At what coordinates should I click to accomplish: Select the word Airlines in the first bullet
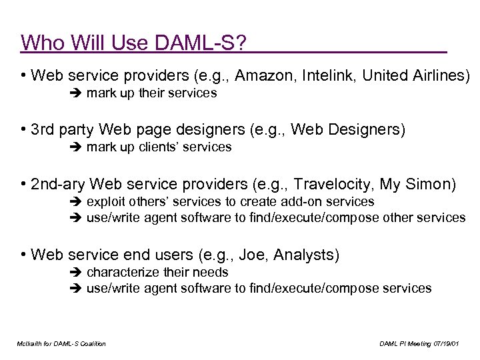[438, 75]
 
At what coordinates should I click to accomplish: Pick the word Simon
[433, 183]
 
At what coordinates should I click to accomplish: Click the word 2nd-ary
[57, 183]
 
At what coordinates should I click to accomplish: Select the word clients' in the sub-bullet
[159, 147]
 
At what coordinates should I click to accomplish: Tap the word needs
[211, 272]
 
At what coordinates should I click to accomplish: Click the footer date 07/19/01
[447, 343]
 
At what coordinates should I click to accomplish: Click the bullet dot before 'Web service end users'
[23, 255]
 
